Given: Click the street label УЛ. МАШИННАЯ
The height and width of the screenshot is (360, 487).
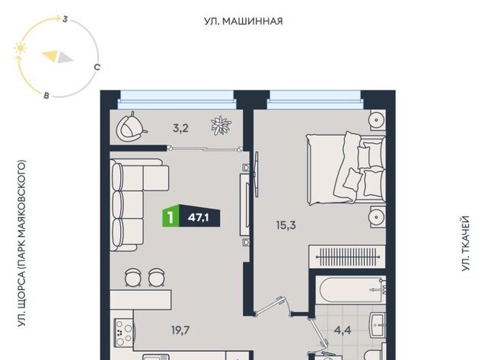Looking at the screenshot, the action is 243,21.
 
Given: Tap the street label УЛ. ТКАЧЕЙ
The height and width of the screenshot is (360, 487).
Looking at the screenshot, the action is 465,244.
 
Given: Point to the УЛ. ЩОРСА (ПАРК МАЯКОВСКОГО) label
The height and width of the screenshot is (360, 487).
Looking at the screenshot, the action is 21,244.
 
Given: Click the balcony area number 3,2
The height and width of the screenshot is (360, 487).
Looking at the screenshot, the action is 180,128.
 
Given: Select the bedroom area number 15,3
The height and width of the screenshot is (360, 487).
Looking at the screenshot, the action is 286,225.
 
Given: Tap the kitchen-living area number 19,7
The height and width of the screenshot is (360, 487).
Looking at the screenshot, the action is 180,330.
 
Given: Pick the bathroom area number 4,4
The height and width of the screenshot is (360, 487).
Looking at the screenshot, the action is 342,330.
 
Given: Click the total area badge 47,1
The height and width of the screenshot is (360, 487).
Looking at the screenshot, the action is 199,218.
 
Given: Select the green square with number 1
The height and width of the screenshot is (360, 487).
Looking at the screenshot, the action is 170,218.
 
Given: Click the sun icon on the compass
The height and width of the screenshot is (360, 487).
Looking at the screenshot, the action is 21,49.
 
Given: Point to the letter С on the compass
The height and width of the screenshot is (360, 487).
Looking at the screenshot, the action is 97,67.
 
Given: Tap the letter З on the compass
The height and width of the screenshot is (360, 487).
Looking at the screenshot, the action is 65,19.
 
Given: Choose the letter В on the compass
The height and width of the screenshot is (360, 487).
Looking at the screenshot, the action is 46,95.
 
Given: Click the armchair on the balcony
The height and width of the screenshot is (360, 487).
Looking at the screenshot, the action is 130,127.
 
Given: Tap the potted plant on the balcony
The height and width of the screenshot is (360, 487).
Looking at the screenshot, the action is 221,126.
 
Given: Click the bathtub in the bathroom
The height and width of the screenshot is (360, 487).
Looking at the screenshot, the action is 351,289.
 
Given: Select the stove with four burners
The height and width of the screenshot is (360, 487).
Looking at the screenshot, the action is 123,333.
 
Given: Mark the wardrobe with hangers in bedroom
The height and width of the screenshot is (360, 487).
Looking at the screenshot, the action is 347,256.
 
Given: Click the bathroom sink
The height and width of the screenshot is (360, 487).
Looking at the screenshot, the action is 377,325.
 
